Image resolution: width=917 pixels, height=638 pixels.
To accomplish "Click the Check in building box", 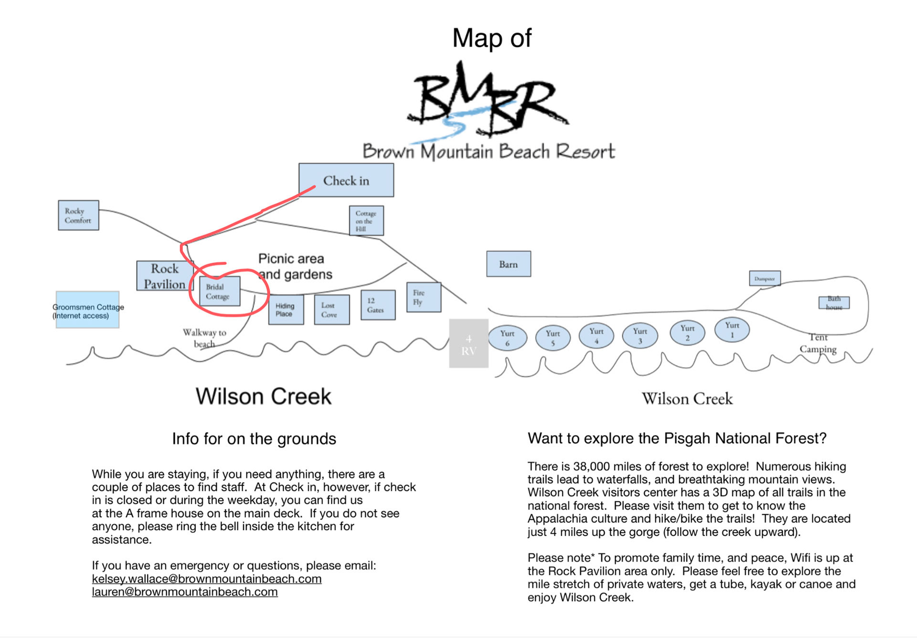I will pos(346,180).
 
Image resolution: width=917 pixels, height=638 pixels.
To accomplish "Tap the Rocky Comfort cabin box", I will pos(78,215).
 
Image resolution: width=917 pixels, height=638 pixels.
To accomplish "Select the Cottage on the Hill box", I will pos(366,221).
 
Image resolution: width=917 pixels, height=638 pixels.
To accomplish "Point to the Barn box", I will pos(508,264).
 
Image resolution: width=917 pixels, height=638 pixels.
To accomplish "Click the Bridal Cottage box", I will pos(219,291).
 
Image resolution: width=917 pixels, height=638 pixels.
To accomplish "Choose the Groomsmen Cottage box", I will pos(87,310).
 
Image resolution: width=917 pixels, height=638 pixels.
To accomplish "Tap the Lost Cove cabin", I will pos(331,310).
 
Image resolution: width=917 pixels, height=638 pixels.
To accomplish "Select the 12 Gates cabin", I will pos(378,305).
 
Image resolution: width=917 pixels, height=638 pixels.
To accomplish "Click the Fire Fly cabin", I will pos(423,297).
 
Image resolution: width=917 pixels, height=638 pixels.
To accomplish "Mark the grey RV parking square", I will pos(469,343).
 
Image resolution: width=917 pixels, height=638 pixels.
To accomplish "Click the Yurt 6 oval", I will pos(507,338).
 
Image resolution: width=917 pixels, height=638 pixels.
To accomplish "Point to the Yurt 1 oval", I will pos(732,330).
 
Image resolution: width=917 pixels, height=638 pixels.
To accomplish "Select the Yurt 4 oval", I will pos(596,335).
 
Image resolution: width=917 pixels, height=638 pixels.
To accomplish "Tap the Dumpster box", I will pos(765,278).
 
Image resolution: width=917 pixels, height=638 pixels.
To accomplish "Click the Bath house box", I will pos(834,303).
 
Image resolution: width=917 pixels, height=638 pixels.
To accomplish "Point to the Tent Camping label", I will pos(818,343).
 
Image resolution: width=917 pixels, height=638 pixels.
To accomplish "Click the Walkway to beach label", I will pos(204,338).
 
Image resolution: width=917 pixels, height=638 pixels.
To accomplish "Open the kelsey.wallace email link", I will pos(206,579).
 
